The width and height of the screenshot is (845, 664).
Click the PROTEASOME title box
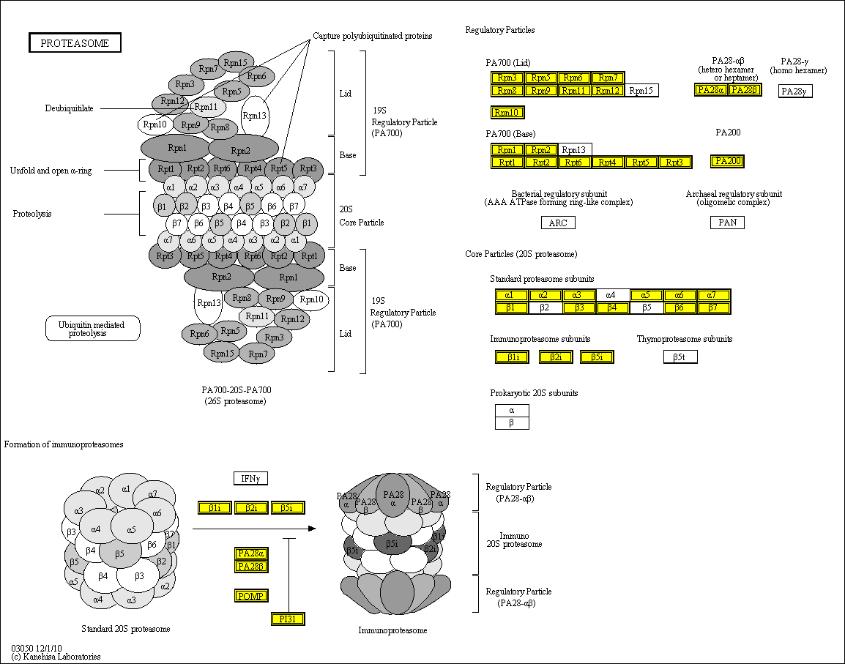tap(75, 43)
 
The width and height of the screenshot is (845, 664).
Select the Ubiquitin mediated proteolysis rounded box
tap(92, 329)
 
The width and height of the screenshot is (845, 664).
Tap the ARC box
tap(558, 223)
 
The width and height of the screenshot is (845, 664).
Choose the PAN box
tap(727, 222)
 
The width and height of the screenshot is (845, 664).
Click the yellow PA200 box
tap(727, 161)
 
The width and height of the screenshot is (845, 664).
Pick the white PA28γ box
tap(795, 91)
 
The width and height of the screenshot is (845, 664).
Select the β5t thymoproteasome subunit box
tap(680, 357)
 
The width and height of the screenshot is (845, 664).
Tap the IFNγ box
tap(250, 479)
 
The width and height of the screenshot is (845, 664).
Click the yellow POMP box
tap(251, 595)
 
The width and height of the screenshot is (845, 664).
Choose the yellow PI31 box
tap(287, 619)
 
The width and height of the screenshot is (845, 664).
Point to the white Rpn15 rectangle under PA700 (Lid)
tap(642, 91)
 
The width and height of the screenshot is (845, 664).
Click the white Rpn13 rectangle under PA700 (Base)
tap(575, 149)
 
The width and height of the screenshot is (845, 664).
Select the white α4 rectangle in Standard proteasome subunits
tap(612, 295)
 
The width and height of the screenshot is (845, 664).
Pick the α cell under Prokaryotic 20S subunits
tap(511, 411)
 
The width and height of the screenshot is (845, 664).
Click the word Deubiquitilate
tap(69, 108)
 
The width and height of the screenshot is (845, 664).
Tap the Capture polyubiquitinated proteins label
tap(372, 35)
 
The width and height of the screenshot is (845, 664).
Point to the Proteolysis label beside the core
tap(33, 214)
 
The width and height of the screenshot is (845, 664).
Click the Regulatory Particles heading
tap(500, 30)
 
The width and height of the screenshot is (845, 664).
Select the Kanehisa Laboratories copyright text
tap(56, 657)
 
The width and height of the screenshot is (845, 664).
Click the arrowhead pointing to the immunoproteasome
tap(312, 528)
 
